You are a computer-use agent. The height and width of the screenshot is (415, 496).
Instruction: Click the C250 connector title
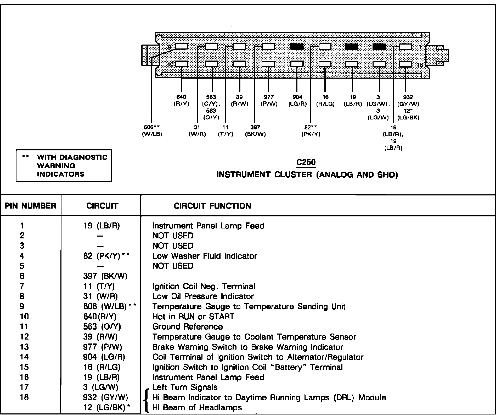click(x=306, y=162)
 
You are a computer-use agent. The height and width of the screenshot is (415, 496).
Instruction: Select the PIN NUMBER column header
click(x=31, y=206)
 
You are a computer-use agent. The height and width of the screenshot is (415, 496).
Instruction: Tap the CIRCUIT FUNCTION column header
click(x=212, y=206)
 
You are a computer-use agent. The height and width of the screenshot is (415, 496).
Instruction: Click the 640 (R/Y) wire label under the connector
click(x=181, y=100)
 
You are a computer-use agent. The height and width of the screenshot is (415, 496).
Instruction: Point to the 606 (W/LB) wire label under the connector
click(x=152, y=130)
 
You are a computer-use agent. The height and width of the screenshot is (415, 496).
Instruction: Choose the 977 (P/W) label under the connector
click(x=269, y=100)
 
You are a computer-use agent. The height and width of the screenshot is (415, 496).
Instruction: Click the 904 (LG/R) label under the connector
click(x=297, y=100)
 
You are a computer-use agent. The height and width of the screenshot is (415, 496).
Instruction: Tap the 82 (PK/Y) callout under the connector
click(x=311, y=130)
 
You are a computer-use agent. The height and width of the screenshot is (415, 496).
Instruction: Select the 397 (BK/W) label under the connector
click(x=255, y=130)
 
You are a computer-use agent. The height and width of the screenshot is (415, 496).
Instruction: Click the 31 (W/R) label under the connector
click(x=197, y=130)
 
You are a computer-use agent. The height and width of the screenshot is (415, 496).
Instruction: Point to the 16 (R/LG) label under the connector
click(x=325, y=100)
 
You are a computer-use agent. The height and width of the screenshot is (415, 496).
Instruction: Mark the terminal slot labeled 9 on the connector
click(x=182, y=47)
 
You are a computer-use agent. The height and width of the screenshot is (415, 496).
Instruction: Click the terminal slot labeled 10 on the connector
click(x=182, y=64)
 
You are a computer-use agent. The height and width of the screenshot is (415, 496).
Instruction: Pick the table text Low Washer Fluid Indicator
click(x=205, y=256)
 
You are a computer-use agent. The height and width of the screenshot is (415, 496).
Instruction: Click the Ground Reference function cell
click(x=188, y=327)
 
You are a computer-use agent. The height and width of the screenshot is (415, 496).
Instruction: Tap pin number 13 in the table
click(x=24, y=347)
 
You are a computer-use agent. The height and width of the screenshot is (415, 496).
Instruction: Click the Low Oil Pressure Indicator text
click(x=203, y=296)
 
